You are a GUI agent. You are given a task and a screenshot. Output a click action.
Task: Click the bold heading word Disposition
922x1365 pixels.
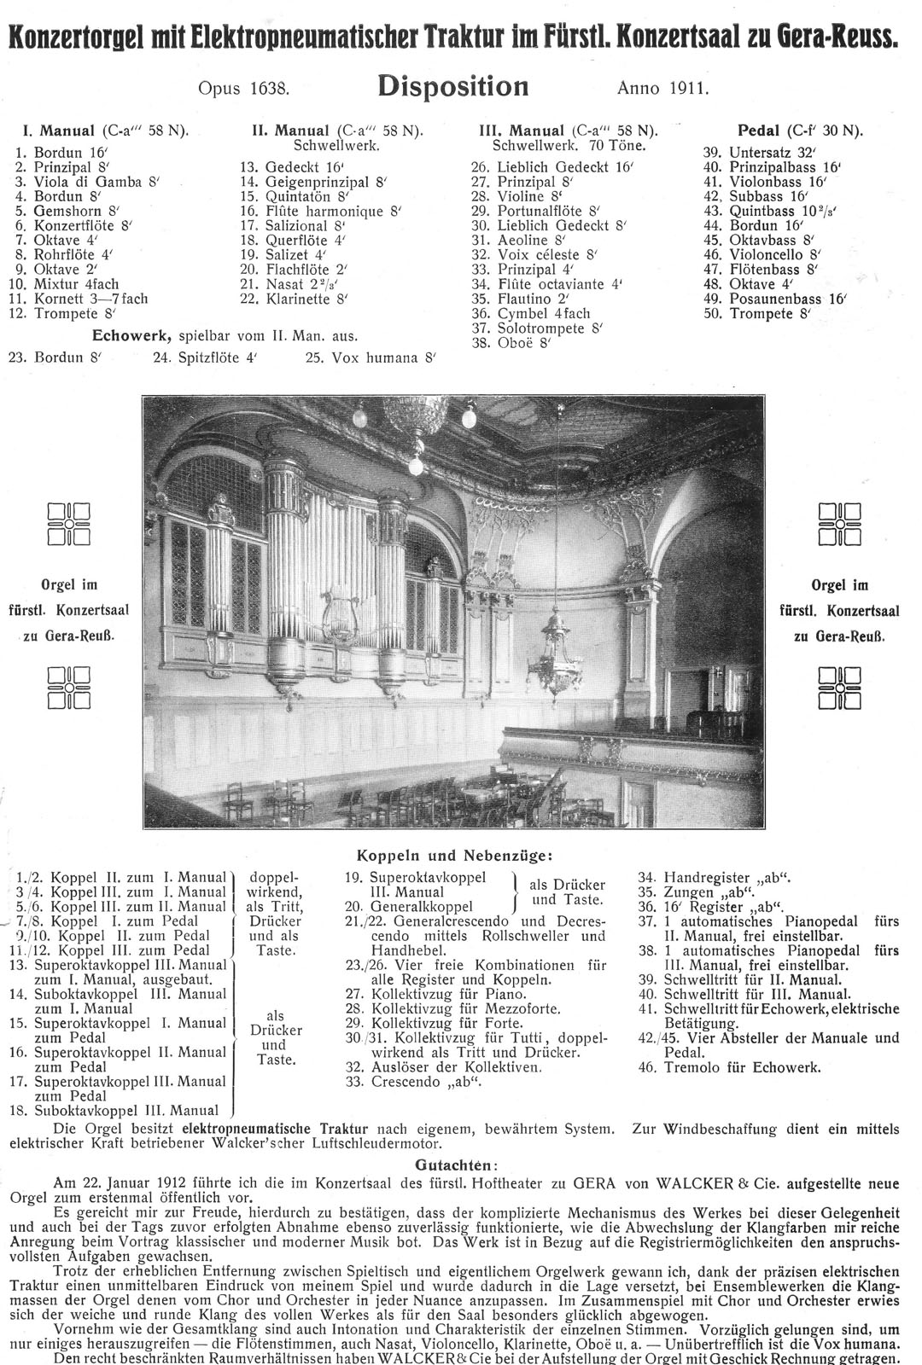click(452, 86)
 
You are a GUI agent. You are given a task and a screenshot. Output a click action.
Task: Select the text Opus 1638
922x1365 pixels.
click(245, 87)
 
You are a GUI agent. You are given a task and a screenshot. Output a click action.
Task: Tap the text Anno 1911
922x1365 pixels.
click(662, 87)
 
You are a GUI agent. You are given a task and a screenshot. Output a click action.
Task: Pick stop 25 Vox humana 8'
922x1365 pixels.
click(371, 358)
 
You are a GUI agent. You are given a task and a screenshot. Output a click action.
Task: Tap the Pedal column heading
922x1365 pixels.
click(799, 131)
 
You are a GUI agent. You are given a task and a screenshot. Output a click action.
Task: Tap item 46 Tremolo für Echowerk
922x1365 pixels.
click(728, 1067)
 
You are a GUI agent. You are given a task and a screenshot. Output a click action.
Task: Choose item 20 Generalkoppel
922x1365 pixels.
click(410, 906)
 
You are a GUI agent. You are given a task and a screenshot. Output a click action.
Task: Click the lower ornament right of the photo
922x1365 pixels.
click(839, 688)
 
